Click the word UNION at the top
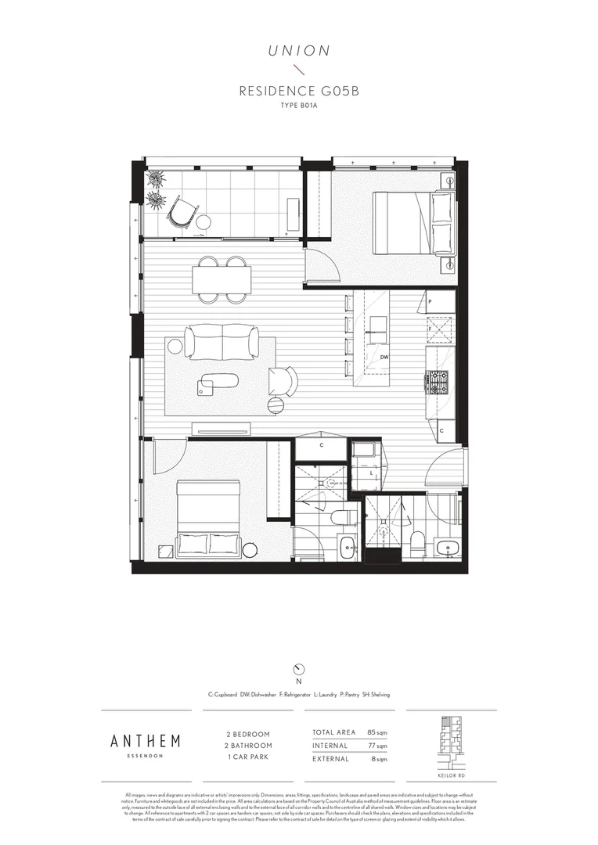pyautogui.click(x=299, y=51)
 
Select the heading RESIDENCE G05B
pyautogui.click(x=299, y=92)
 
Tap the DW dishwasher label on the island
pyautogui.click(x=384, y=358)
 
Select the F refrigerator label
pyautogui.click(x=430, y=329)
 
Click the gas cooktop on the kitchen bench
pyautogui.click(x=439, y=382)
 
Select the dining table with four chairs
pyautogui.click(x=222, y=279)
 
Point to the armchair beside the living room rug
pyautogui.click(x=283, y=381)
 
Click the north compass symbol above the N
pyautogui.click(x=298, y=669)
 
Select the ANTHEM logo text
pyautogui.click(x=145, y=741)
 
